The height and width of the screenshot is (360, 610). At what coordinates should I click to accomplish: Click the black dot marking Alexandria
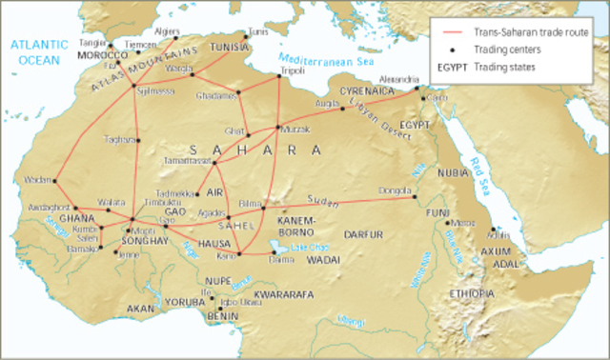point(417,90)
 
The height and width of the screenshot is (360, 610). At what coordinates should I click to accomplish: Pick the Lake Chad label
point(311,247)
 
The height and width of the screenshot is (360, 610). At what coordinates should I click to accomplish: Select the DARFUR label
point(363,231)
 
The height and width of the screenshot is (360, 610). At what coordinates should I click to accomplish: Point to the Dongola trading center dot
point(415,197)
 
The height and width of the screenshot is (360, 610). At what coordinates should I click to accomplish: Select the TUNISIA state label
point(229,47)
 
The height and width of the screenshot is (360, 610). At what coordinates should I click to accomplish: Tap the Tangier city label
point(91,44)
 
